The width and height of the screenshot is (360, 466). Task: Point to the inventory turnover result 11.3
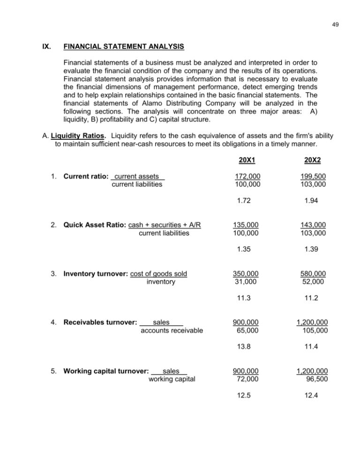coord(245,297)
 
